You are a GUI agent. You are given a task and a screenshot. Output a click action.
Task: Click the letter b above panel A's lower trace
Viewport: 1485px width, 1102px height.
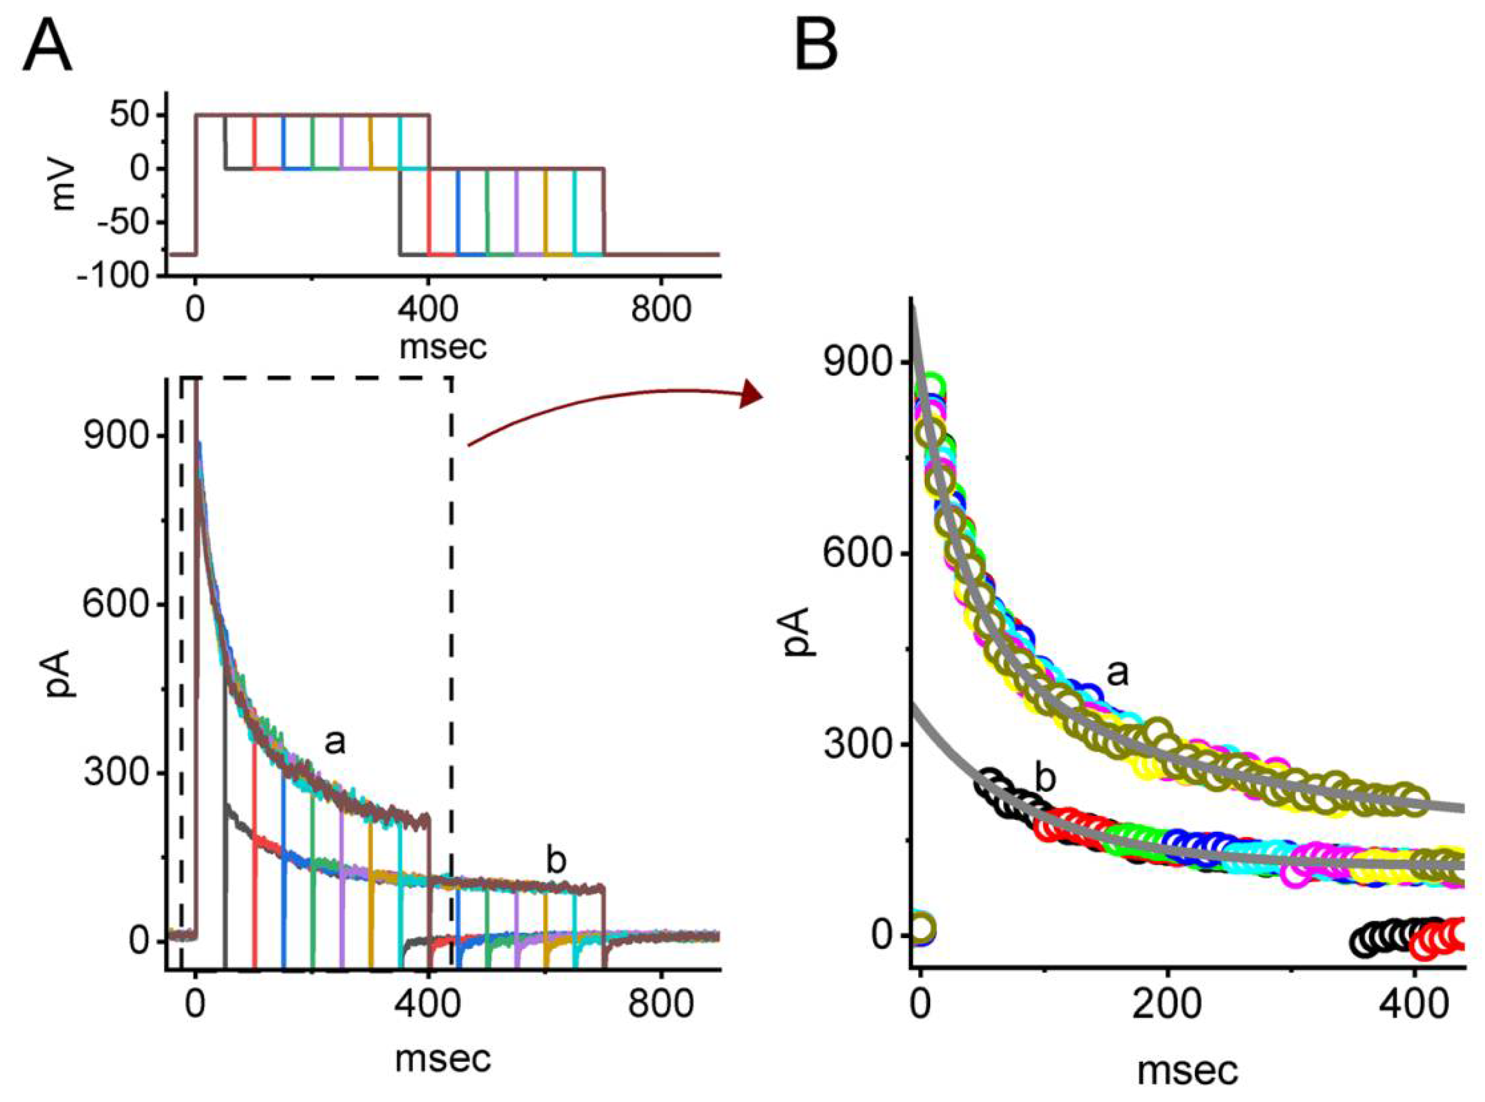[x=555, y=860]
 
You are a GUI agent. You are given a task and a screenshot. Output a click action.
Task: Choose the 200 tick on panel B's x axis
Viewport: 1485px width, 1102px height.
[x=1167, y=1006]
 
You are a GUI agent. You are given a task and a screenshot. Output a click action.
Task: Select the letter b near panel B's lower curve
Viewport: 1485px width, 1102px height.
[x=1045, y=778]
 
